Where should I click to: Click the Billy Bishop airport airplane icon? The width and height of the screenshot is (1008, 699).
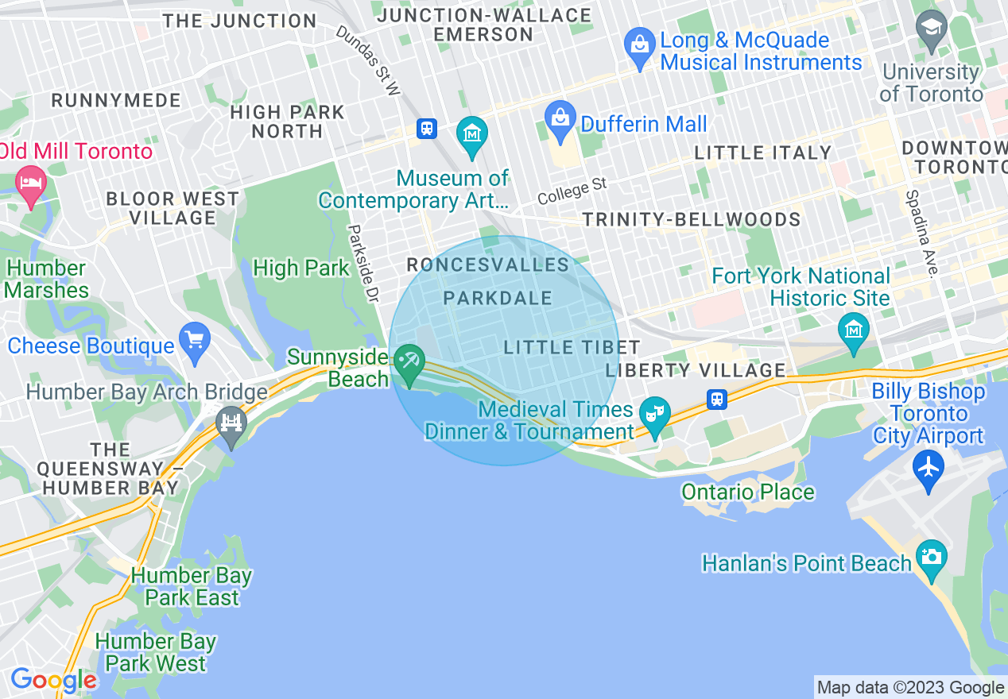click(x=928, y=467)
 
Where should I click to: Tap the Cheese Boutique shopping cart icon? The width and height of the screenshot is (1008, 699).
click(x=194, y=339)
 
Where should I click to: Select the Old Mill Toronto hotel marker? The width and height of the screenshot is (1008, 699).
click(x=31, y=183)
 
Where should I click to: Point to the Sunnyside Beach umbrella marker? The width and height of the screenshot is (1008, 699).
click(x=410, y=362)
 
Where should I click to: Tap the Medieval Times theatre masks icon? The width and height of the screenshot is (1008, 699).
click(x=654, y=414)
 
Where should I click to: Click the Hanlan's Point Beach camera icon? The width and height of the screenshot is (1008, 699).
click(x=931, y=557)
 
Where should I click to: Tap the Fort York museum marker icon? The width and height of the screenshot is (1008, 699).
click(x=854, y=328)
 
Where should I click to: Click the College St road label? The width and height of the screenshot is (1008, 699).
click(x=572, y=191)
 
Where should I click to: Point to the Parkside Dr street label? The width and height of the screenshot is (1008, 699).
click(x=362, y=262)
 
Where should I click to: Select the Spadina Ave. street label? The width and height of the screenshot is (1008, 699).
click(x=921, y=233)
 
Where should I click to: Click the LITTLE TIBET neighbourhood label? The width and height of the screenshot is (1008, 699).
click(x=572, y=347)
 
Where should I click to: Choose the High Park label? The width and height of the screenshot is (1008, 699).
click(x=300, y=268)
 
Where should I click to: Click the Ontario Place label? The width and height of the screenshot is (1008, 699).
click(x=747, y=492)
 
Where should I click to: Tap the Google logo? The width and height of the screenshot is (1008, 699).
click(x=52, y=680)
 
